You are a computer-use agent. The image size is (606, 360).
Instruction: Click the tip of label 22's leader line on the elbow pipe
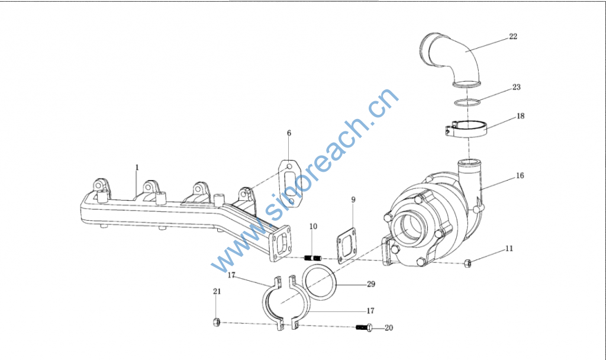click(465, 52)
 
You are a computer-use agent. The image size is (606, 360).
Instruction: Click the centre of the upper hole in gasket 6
click(289, 166)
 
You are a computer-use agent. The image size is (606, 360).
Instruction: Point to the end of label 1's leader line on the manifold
click(136, 195)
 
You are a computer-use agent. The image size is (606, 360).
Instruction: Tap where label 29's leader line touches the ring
click(336, 285)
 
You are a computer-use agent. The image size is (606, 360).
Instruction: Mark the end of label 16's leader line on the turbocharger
click(481, 190)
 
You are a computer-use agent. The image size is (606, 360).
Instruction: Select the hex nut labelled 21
click(217, 322)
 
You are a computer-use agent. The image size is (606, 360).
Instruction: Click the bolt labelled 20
click(365, 328)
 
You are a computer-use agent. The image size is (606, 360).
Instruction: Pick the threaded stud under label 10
click(313, 258)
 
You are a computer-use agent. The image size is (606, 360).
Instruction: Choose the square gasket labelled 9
click(346, 246)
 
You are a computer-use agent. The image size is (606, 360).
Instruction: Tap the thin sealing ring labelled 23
click(467, 103)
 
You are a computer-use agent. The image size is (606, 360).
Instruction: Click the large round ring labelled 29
click(319, 282)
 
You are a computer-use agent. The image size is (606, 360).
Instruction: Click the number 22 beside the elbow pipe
click(513, 36)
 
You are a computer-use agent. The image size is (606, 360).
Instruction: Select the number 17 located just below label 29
click(370, 311)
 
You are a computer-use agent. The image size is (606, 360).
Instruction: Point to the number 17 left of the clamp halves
click(231, 275)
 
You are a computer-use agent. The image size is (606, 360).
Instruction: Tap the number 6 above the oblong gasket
click(289, 133)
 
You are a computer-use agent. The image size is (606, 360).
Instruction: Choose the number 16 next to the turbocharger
click(520, 175)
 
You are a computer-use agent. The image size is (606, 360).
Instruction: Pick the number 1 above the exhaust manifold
click(137, 168)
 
